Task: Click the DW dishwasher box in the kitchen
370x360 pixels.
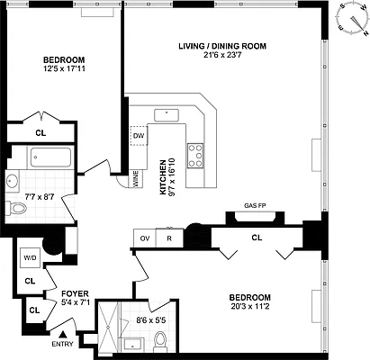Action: pos(139,136)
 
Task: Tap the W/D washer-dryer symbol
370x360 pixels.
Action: pos(30,257)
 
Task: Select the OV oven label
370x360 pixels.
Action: pos(145,238)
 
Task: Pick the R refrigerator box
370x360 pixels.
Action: pos(169,238)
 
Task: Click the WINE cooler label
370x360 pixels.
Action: pos(135,179)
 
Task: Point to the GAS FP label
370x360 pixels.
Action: pos(255,205)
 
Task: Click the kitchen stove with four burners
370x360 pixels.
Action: pos(195,156)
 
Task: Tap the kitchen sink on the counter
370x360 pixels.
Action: pos(167,115)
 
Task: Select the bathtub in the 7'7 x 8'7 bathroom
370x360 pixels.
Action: pos(50,157)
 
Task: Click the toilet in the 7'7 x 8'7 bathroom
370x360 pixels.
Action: pos(16,208)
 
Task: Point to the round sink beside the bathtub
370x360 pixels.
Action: pos(13,181)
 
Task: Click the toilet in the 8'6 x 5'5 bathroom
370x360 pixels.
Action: pos(160,341)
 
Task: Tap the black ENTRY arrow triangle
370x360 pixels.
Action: pos(63,334)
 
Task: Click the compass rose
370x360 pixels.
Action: pos(353,20)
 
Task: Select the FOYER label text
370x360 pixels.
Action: pos(75,293)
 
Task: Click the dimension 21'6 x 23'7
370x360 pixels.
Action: pos(222,55)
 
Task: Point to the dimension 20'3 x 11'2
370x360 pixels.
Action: pos(250,307)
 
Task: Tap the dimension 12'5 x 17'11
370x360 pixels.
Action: pos(64,68)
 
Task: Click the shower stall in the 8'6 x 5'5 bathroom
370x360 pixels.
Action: pos(110,327)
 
